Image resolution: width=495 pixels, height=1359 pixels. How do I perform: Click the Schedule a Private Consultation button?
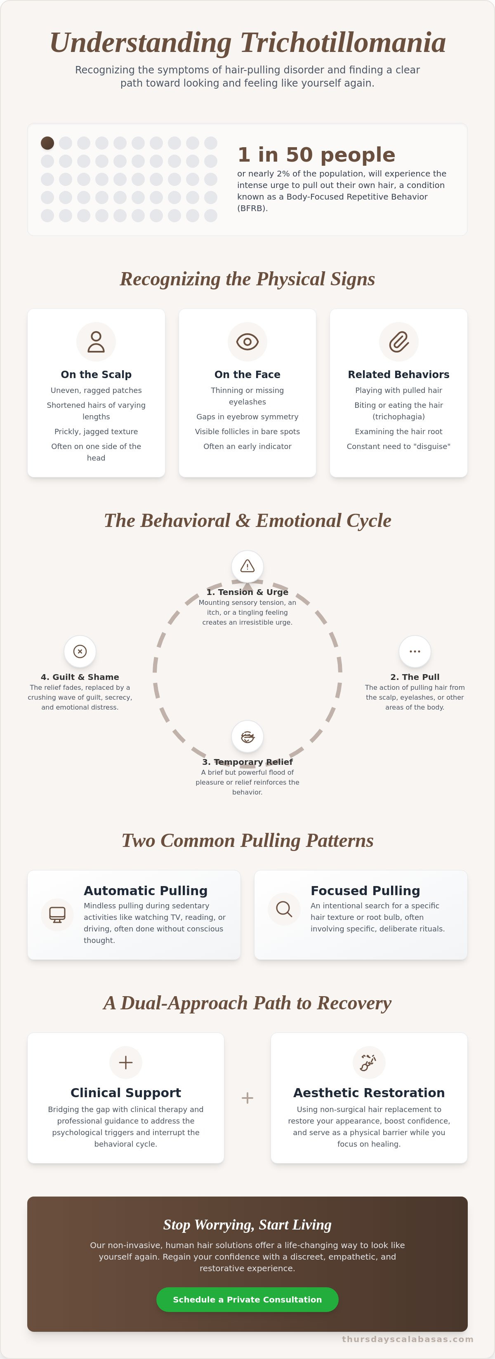(x=247, y=1299)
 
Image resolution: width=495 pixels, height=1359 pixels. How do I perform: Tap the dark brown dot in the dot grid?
(x=47, y=143)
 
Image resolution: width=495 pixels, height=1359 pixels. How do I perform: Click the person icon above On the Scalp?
(x=96, y=342)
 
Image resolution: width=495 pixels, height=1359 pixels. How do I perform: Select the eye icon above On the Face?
(x=247, y=342)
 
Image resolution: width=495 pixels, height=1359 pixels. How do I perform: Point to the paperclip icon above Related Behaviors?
(x=399, y=342)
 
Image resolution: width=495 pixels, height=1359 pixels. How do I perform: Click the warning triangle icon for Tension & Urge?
(x=247, y=567)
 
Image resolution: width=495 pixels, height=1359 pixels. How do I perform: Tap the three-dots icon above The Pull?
(x=415, y=651)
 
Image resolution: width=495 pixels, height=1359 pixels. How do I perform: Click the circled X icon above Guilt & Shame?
(x=80, y=651)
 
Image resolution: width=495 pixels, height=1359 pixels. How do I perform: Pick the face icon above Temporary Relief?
(x=247, y=736)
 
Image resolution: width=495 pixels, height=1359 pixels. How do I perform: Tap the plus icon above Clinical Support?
(x=125, y=1063)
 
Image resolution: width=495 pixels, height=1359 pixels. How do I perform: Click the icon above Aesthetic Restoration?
(x=368, y=1063)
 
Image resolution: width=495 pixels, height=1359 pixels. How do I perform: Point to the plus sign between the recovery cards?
(x=247, y=1098)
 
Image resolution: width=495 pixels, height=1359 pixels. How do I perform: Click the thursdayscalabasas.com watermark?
(x=408, y=1339)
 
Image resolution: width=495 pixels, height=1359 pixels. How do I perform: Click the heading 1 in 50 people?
(x=316, y=155)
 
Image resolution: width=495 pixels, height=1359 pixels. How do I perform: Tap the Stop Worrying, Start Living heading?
(x=247, y=1225)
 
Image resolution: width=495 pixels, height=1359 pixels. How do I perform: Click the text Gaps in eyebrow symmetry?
(x=247, y=417)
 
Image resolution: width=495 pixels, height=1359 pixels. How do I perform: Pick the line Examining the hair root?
(x=399, y=432)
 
